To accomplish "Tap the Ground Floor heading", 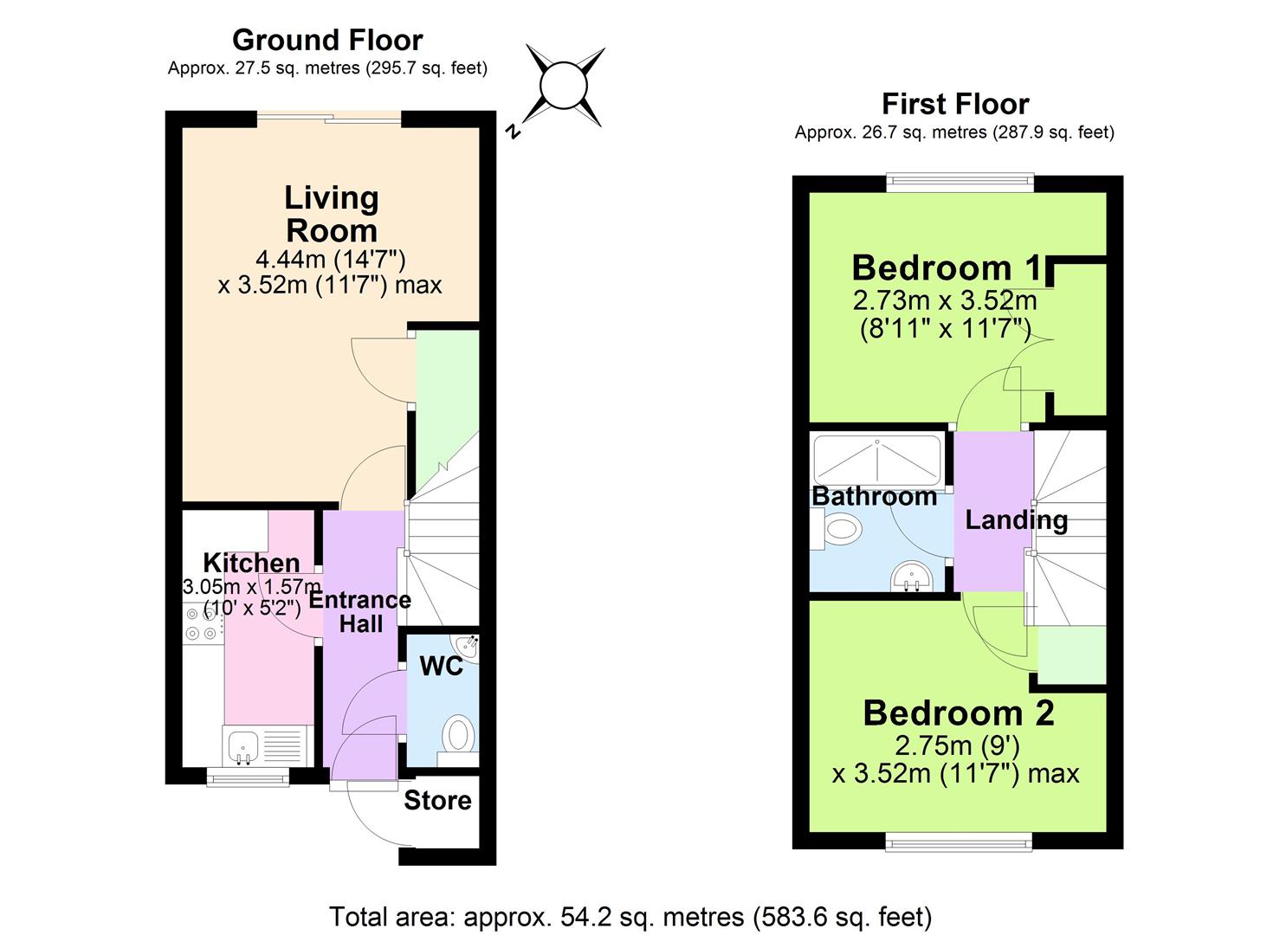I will click(x=327, y=40).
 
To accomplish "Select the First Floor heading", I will click(x=954, y=104).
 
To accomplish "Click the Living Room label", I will click(x=332, y=214).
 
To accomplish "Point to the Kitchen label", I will click(x=251, y=563).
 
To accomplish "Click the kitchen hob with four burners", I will click(x=201, y=623).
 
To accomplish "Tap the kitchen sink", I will click(x=242, y=745).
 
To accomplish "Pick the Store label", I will click(x=437, y=801).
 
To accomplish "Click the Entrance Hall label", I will click(x=360, y=611).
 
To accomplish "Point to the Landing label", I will click(x=1016, y=519).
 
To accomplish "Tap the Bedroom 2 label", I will click(x=959, y=713).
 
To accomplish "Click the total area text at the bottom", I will click(x=630, y=916).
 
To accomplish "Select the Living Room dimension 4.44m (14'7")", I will click(x=331, y=258).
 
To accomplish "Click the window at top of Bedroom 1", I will click(x=960, y=183).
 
